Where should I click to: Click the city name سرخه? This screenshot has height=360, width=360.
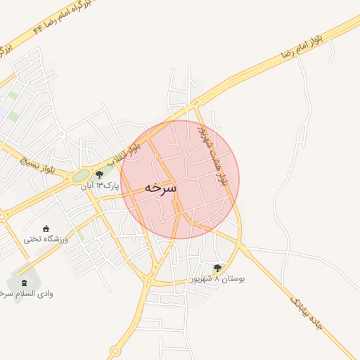coord(160,188)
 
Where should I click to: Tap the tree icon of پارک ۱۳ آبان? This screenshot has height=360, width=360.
coord(99,174)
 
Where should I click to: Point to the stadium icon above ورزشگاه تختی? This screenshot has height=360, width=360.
coord(46,229)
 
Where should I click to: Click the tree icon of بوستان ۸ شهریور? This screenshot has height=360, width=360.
coord(217,268)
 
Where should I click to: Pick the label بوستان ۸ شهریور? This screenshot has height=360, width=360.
coord(217,279)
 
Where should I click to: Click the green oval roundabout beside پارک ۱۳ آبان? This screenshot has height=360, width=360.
coord(81,176)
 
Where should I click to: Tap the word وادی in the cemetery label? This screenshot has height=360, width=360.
coord(45,293)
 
